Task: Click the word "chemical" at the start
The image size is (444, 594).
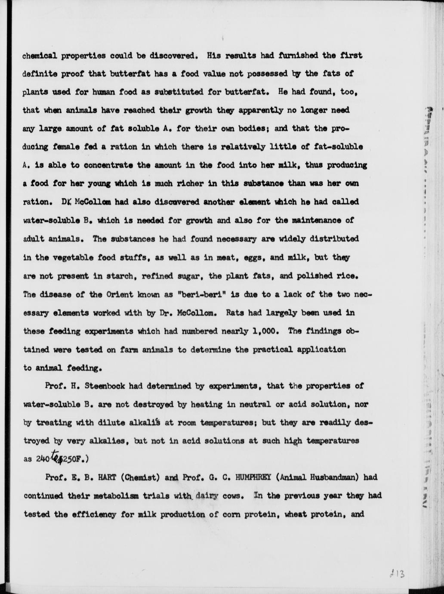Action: (40, 56)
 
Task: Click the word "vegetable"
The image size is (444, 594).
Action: (69, 257)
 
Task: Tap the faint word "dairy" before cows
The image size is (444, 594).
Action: (207, 495)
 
